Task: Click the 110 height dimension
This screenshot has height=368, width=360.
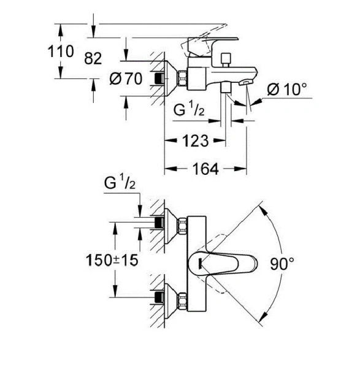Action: coord(61,52)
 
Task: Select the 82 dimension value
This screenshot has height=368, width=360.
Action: coord(92,59)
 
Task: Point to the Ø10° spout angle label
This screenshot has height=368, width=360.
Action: coord(286,90)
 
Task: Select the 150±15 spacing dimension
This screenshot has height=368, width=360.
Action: coord(110,260)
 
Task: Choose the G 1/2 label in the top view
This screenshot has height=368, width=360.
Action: coord(120,183)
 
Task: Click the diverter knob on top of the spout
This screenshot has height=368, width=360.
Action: coord(226,59)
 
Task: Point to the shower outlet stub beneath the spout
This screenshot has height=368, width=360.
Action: coord(226,90)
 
